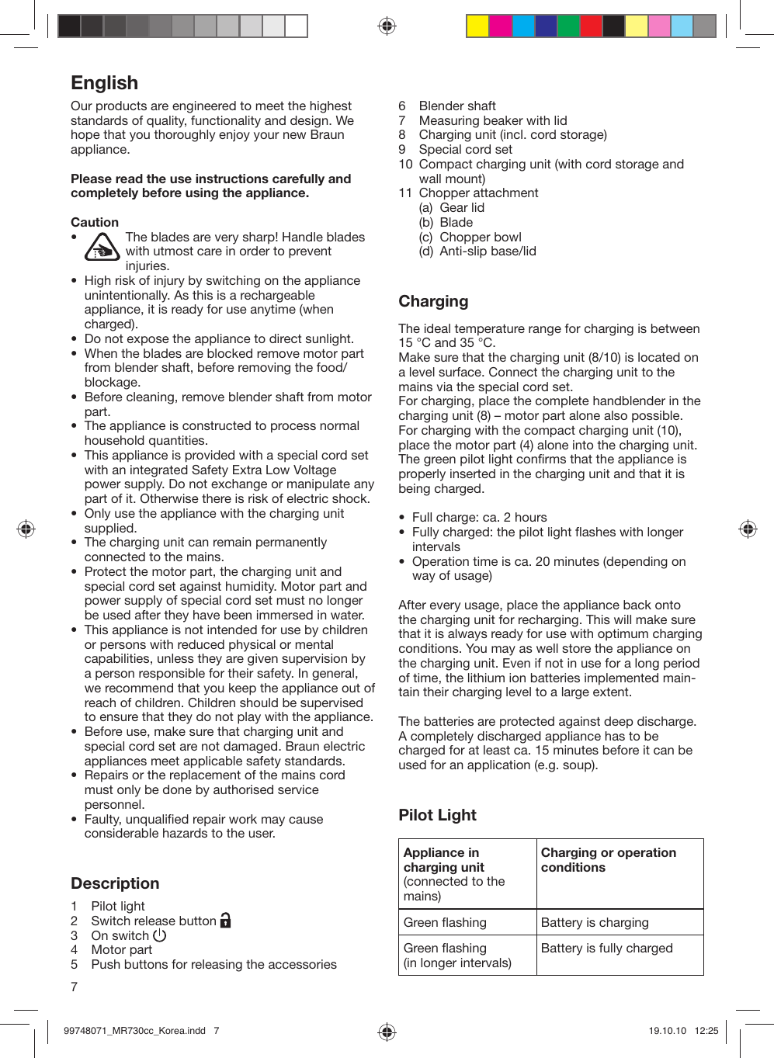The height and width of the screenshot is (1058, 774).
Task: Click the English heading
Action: [105, 83]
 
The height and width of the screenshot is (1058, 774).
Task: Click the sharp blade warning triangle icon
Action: [101, 248]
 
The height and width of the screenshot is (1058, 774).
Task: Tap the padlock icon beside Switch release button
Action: [226, 920]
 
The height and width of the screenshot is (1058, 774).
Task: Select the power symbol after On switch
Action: [160, 935]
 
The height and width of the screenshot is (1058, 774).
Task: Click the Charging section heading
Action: [433, 301]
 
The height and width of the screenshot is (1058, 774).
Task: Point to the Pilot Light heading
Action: [437, 815]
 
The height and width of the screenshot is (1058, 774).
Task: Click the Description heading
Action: [115, 883]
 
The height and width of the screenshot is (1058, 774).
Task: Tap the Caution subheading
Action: [95, 222]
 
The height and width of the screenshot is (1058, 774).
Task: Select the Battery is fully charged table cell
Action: [606, 948]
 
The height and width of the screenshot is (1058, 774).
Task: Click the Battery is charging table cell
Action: [595, 922]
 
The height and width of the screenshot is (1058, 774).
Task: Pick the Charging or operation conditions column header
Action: [608, 860]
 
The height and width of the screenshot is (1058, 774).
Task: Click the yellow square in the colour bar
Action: [477, 26]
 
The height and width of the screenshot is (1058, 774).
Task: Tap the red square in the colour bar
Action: [591, 26]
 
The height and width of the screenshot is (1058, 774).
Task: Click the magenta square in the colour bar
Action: [501, 26]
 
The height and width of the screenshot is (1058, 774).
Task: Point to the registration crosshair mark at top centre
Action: [387, 26]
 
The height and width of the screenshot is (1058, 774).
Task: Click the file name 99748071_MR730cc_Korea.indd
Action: [134, 1031]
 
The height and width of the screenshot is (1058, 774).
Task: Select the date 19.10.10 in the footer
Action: [667, 1031]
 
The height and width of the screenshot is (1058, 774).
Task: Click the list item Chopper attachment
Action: [478, 193]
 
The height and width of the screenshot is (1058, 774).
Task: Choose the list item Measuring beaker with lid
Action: [493, 120]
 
